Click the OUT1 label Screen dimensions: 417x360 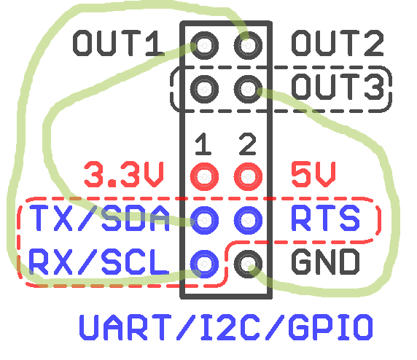pos(119,43)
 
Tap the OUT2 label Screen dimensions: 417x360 pos(338,43)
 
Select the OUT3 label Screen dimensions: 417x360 pos(338,87)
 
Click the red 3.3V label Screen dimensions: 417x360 pos(124,174)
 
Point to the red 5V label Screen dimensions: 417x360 pos(313,174)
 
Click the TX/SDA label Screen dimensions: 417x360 pos(99,218)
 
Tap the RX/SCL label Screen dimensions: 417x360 pos(99,262)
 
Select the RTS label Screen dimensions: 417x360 pos(326,218)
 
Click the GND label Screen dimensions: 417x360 pos(326,262)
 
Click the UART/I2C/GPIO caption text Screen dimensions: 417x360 pos(226,327)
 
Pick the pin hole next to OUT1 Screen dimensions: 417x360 pos(204,45)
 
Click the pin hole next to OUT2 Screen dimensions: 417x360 pos(248,45)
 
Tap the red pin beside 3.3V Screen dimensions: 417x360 pos(204,176)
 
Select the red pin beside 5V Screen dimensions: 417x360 pos(248,176)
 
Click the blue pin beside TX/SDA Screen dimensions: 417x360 pos(204,220)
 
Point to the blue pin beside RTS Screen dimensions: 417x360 pos(248,220)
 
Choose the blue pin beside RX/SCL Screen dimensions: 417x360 pos(204,264)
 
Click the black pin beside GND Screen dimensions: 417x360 pos(248,264)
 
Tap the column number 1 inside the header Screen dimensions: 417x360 pos(203,144)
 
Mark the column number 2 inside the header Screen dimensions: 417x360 pos(247,144)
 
